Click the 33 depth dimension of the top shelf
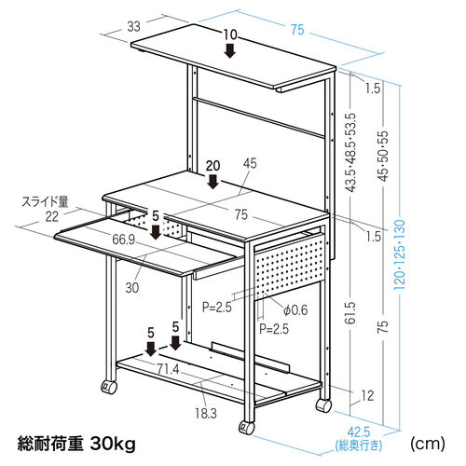(x=134, y=26)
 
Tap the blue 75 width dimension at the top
(x=297, y=30)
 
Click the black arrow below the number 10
(x=230, y=50)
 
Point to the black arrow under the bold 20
(x=213, y=182)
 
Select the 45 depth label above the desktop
(x=250, y=163)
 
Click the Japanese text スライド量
(x=45, y=201)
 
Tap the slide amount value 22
(x=52, y=216)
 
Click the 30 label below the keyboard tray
(x=132, y=288)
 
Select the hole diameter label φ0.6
(x=295, y=310)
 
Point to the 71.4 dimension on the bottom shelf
(x=168, y=369)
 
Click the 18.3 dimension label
(x=206, y=414)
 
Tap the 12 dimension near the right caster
(x=367, y=395)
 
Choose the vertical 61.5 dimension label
(x=350, y=313)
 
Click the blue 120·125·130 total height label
(x=400, y=254)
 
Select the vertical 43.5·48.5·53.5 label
(x=351, y=153)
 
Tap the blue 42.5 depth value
(x=359, y=432)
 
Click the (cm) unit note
(x=428, y=444)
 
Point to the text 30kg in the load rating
(x=113, y=445)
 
